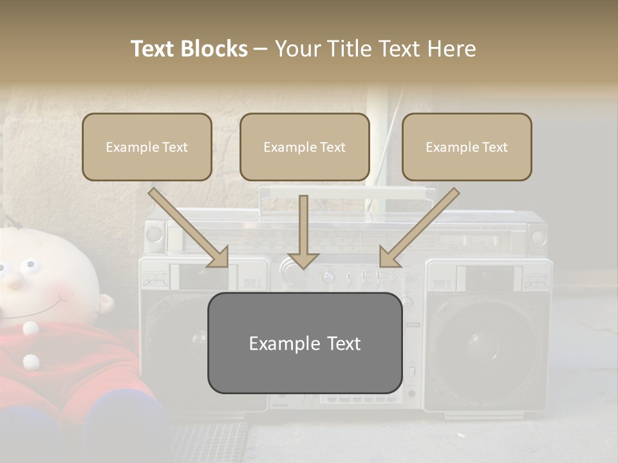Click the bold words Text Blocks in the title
[x=189, y=49]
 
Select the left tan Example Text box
[x=147, y=147]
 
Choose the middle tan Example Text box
[x=304, y=147]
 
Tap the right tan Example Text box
[x=467, y=147]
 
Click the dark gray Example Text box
[x=304, y=343]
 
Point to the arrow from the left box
[x=190, y=229]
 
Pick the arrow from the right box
[x=418, y=228]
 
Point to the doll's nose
[x=13, y=278]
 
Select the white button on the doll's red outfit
[x=30, y=329]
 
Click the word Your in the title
[x=295, y=49]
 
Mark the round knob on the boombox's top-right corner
[x=538, y=237]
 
